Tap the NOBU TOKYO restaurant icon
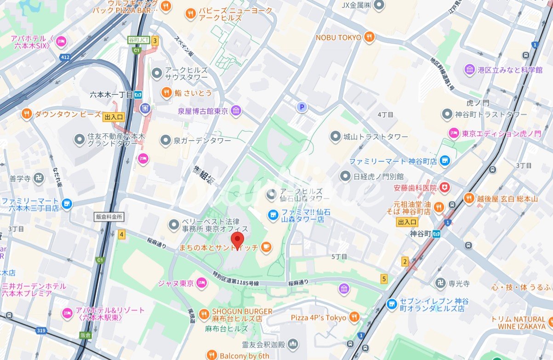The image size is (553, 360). coord(368,37)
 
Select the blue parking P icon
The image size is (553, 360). coord(302,107)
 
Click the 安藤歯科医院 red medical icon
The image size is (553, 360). coord(444,187)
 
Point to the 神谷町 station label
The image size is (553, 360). coord(420,234)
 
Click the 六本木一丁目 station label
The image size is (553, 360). coord(111,95)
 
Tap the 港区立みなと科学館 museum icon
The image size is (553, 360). coord(470,69)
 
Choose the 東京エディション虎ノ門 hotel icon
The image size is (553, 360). coord(454,133)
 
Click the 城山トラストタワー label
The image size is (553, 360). coord(376,137)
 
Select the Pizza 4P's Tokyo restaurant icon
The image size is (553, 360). coord(354,317)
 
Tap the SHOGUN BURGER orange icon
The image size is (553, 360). coord(204,312)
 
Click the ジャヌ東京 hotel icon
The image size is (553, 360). coord(201,283)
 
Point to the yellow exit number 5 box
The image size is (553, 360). coord(384,278)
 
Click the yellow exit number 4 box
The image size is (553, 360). coord(121,234)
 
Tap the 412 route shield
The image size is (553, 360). coord(64,57)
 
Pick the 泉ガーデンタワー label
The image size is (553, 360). coord(201,141)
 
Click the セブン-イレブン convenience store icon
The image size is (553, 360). coord(391,304)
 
